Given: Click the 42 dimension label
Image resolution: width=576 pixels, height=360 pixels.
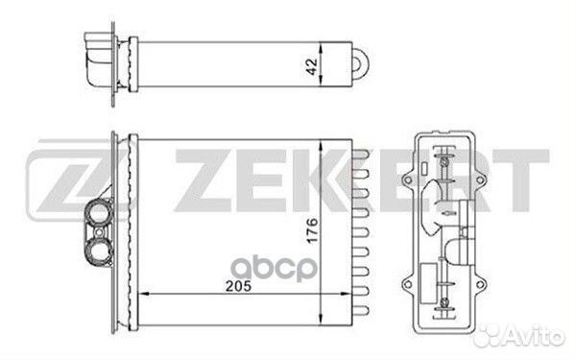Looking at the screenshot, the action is pos(311,66).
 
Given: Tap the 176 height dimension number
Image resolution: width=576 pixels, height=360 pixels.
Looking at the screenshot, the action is pos(312,230).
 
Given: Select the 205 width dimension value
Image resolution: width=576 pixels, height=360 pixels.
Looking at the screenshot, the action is pos(238,286).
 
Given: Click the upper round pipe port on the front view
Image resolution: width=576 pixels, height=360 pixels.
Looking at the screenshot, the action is pos(99,212).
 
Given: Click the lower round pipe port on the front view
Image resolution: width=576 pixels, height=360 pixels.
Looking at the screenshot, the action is pos(99,252).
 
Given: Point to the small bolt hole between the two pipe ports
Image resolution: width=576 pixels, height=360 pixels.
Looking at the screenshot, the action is pos(99,232).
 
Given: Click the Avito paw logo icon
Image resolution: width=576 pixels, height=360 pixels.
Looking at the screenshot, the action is pos(488,336).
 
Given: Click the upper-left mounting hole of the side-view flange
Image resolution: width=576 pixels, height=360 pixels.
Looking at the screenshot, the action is pos(408,180).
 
